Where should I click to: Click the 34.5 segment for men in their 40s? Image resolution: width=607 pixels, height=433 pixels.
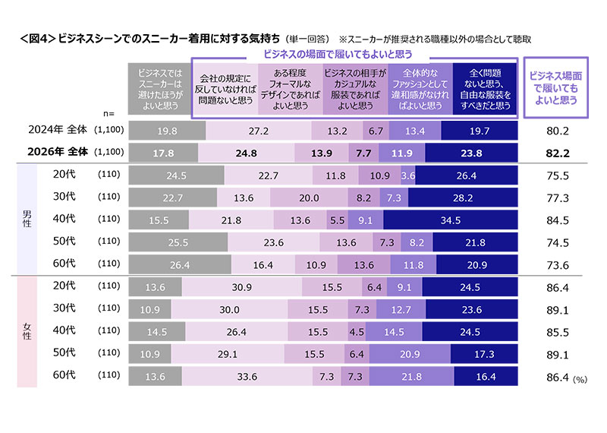point(451,220)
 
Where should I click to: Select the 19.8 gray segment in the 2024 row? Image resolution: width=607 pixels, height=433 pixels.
point(168,131)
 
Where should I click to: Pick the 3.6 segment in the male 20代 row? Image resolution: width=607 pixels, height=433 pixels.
point(407,176)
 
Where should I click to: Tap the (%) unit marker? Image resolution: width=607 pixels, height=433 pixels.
point(582,377)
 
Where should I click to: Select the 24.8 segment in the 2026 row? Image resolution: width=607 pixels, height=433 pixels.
point(247,153)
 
